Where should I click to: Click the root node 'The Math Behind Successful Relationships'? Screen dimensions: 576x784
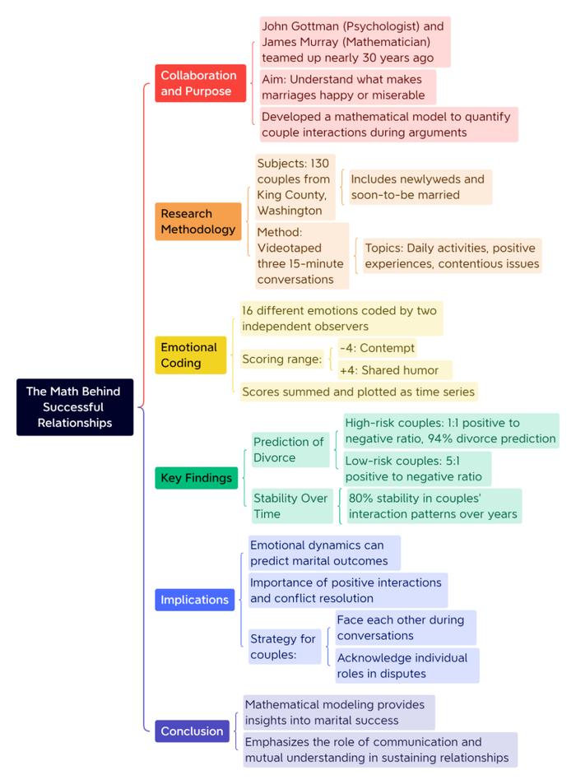[x=75, y=407]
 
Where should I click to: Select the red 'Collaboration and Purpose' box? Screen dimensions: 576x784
[x=200, y=83]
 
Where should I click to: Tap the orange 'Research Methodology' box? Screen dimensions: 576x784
[x=198, y=221]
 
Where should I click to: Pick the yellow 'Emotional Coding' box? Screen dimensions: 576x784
[x=191, y=355]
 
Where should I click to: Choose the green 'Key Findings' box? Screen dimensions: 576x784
[x=196, y=478]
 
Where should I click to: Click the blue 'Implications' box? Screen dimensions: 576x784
[x=194, y=600]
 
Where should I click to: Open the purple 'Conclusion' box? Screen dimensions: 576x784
[x=192, y=731]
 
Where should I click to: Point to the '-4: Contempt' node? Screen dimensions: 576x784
[x=378, y=348]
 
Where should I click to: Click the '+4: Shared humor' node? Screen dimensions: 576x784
[x=395, y=370]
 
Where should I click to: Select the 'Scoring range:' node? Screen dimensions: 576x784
[x=282, y=359]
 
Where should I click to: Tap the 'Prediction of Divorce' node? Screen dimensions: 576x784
[x=290, y=449]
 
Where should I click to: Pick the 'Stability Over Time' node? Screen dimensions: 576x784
[x=292, y=506]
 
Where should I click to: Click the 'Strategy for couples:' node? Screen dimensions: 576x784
[x=285, y=647]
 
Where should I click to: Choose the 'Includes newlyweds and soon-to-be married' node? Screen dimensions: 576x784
[x=420, y=187]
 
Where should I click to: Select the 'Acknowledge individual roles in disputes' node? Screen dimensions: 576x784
[x=407, y=666]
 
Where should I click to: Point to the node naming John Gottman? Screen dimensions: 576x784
[x=355, y=41]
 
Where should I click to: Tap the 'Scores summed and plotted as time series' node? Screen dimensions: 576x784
[x=359, y=392]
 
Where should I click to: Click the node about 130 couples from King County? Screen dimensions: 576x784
[x=295, y=187]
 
